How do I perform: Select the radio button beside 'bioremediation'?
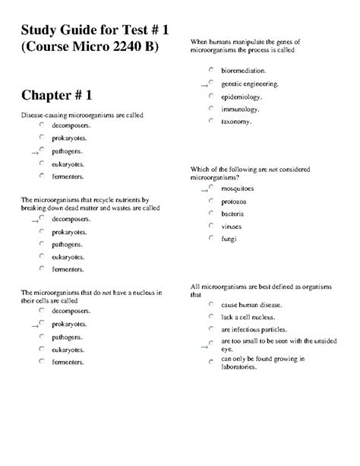[x=211, y=69]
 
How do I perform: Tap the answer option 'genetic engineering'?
[x=249, y=84]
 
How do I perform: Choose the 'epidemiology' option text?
[x=242, y=97]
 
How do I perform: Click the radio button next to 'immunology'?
[x=211, y=108]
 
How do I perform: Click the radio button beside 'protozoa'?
[x=211, y=201]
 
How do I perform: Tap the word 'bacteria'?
[x=233, y=214]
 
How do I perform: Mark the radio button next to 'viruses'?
[x=211, y=226]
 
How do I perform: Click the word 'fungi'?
[x=229, y=239]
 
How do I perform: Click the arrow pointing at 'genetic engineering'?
[x=204, y=86]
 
